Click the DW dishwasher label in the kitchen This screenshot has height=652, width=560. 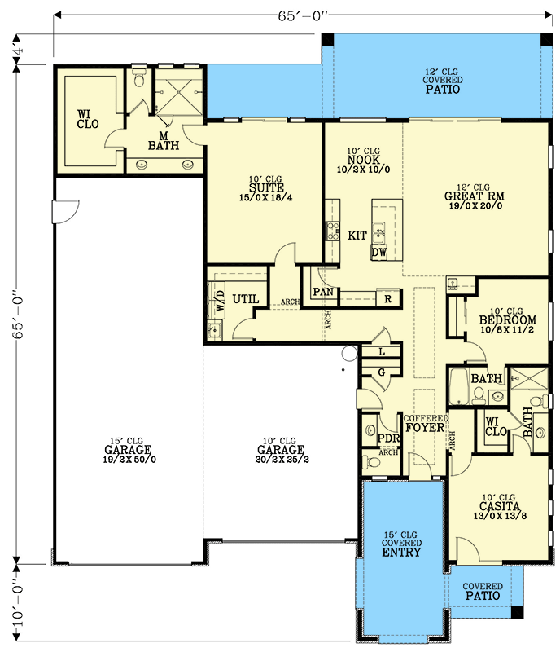378,253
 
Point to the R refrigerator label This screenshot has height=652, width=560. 387,299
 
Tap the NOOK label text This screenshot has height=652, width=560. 363,160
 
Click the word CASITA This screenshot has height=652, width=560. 494,506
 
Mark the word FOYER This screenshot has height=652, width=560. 425,427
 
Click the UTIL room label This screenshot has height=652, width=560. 246,299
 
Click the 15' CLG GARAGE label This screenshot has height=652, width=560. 128,450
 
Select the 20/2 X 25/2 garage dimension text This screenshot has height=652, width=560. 281,460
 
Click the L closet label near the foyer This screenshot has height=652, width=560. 382,351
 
